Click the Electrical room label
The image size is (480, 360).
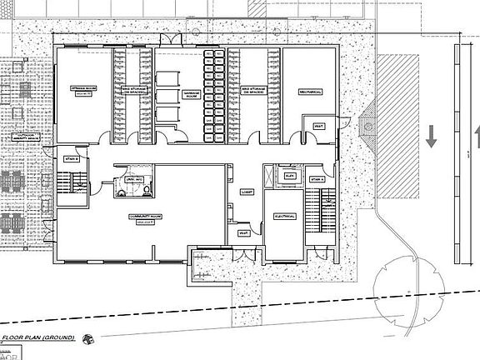coord(285,216)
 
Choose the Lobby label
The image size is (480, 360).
coord(247,191)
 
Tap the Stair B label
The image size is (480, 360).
coord(72,158)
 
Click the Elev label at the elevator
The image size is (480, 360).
coord(290,177)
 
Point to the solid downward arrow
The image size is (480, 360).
coord(431,135)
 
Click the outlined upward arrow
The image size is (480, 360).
coord(477,135)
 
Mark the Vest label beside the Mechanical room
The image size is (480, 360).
coord(319,126)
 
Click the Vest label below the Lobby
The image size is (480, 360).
coord(243,233)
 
